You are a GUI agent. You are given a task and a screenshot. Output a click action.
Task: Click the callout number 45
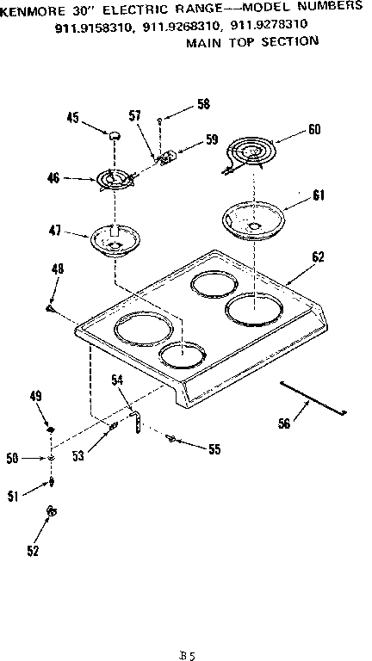tap(73, 120)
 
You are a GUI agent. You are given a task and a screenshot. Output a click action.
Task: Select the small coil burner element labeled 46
tap(115, 178)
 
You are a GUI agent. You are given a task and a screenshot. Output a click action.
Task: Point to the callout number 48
tap(57, 270)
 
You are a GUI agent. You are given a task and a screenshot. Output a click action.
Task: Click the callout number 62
tap(318, 256)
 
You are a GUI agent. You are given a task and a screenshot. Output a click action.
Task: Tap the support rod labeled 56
tap(312, 398)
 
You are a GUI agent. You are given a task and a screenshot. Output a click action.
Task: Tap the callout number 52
tap(33, 551)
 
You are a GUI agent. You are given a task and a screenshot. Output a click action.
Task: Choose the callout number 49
tap(35, 396)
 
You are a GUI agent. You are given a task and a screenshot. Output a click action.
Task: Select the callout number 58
tap(202, 104)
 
